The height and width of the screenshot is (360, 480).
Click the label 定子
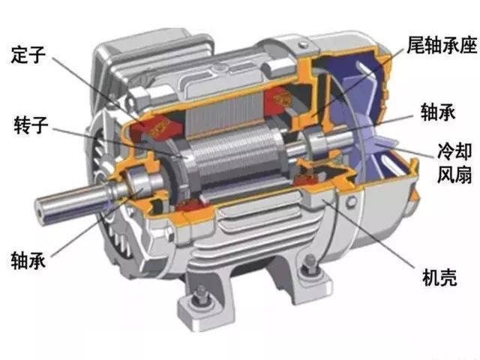click(28, 55)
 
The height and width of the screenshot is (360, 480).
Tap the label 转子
click(31, 124)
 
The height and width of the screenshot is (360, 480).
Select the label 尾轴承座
click(442, 45)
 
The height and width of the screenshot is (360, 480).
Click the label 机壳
click(439, 277)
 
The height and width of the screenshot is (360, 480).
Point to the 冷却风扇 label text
click(454, 163)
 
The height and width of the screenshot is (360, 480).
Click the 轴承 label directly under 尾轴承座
click(438, 112)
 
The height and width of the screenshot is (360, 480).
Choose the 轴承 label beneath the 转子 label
click(28, 260)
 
